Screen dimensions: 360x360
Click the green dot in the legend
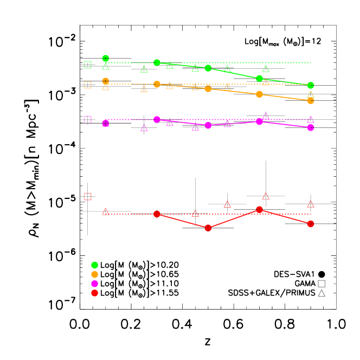click(94, 265)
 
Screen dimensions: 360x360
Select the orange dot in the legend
click(94, 274)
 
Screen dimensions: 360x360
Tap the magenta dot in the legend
click(94, 284)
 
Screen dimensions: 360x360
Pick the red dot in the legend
click(94, 293)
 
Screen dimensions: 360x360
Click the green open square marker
click(88, 65)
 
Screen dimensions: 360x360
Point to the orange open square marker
click(88, 85)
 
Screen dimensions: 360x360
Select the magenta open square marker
click(88, 119)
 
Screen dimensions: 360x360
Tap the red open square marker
click(88, 196)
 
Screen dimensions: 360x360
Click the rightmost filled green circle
click(311, 85)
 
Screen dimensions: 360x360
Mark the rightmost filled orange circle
click(311, 100)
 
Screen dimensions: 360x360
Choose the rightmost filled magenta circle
click(311, 127)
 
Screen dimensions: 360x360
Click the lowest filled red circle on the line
click(208, 228)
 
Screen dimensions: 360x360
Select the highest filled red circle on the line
click(260, 209)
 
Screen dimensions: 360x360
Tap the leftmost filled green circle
click(106, 59)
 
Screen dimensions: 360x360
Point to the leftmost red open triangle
click(106, 211)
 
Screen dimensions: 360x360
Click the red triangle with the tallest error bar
click(266, 196)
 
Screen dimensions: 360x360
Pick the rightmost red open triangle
click(311, 204)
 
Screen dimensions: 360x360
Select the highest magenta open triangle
click(266, 115)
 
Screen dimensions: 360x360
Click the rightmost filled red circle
click(311, 223)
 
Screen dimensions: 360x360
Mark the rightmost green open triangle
click(311, 94)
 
